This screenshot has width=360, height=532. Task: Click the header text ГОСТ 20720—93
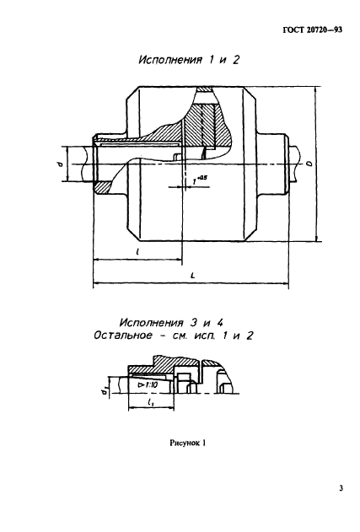coord(312,30)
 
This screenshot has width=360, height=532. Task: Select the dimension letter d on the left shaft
coord(60,164)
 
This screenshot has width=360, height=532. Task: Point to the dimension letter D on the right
coord(309,164)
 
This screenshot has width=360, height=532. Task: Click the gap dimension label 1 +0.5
coord(199,180)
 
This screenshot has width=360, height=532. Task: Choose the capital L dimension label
coord(192,276)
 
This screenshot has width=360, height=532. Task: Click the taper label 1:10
coord(147,385)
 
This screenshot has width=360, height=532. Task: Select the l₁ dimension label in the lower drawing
coord(151,402)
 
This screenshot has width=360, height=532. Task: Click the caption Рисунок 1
coord(188,443)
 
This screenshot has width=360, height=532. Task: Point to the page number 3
coord(341,488)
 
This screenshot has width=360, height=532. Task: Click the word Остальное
coord(123,336)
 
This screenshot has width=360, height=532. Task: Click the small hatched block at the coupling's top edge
coord(204,89)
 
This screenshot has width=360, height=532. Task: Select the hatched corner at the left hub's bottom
coord(103,188)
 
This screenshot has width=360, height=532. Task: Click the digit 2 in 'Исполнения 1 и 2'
coord(235,60)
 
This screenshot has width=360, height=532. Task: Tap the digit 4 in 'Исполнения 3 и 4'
coord(220,322)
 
